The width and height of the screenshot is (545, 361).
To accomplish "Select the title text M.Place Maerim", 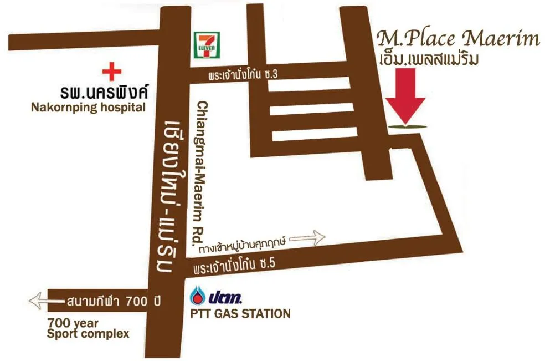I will (457, 39).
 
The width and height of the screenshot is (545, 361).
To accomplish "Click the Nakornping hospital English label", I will (88, 107).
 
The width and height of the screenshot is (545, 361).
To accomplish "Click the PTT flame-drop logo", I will (199, 294).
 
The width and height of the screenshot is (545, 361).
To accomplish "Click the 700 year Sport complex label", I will (88, 328).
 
